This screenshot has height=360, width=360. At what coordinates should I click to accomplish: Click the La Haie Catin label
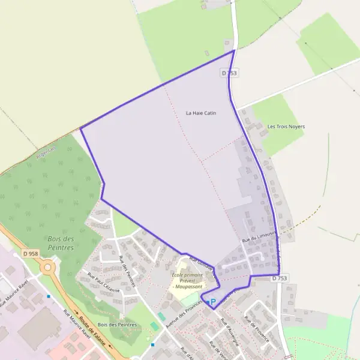[200, 113]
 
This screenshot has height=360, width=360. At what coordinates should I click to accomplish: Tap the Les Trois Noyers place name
[286, 127]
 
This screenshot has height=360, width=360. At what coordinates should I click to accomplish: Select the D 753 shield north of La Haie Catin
[229, 73]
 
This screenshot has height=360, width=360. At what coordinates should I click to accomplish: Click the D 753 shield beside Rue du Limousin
[280, 278]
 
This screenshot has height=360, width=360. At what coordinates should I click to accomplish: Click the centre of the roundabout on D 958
[47, 267]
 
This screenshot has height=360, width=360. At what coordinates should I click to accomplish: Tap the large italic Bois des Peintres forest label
[61, 242]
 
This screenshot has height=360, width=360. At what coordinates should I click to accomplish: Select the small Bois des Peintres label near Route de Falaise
[117, 325]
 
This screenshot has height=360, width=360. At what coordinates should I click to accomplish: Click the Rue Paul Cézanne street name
[103, 283]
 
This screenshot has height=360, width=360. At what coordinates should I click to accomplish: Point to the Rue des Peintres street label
[128, 271]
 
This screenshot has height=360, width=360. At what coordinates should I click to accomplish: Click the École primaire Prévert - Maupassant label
[187, 280]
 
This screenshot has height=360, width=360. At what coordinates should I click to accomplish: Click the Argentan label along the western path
[46, 153]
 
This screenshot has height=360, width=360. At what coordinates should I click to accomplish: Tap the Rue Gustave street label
[200, 265]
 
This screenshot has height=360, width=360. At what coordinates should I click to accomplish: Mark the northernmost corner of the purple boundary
[233, 50]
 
